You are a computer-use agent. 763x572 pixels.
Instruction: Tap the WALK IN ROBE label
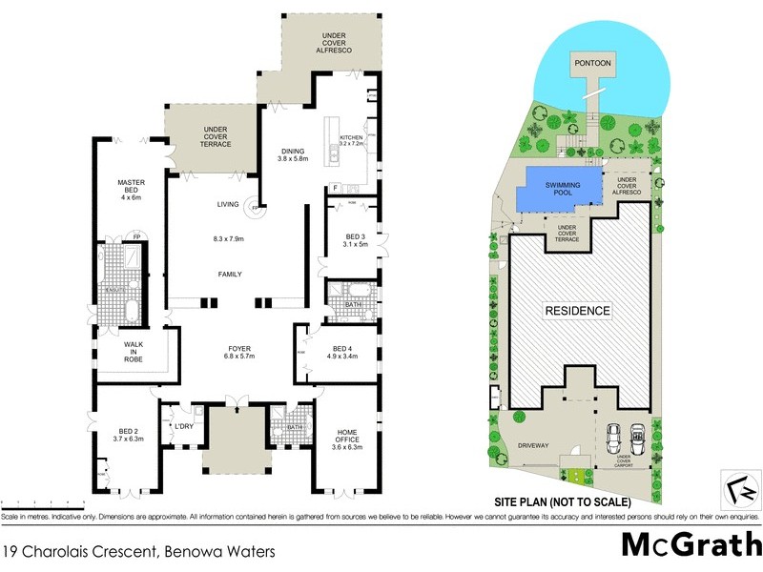click(x=134, y=352)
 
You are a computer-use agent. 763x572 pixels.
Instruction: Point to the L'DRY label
click(x=185, y=425)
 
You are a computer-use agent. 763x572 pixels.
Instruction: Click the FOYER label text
click(x=228, y=349)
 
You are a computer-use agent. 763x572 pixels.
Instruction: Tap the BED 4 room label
click(x=343, y=349)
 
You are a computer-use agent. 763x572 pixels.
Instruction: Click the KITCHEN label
click(x=352, y=138)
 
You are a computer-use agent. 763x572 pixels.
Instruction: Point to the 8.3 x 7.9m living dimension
click(x=228, y=238)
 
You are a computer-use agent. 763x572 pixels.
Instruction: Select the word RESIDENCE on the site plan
click(x=577, y=311)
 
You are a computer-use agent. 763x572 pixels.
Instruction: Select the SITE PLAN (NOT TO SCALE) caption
click(x=562, y=501)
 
